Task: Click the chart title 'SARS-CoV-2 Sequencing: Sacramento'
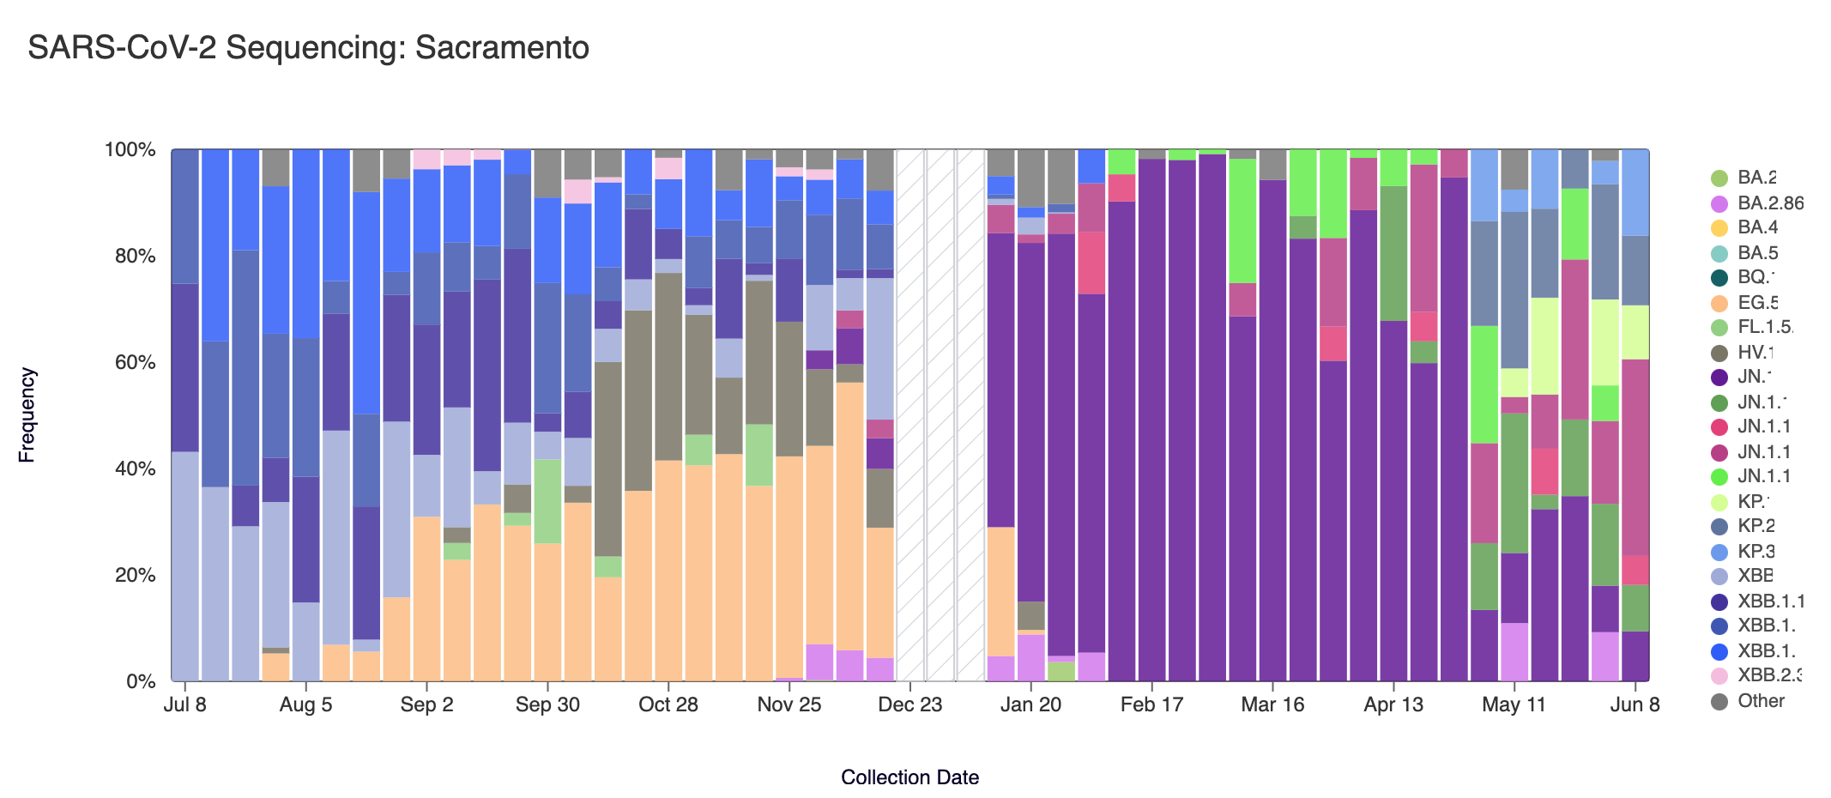pyautogui.click(x=308, y=48)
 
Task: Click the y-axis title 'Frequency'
pyautogui.click(x=27, y=415)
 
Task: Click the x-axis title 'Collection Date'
pyautogui.click(x=909, y=777)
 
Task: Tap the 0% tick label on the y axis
pyautogui.click(x=140, y=681)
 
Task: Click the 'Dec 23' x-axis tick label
pyautogui.click(x=909, y=704)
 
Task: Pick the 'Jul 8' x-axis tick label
pyautogui.click(x=184, y=704)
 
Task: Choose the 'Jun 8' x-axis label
pyautogui.click(x=1635, y=704)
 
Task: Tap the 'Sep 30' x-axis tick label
pyautogui.click(x=547, y=704)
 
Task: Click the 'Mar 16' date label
pyautogui.click(x=1272, y=704)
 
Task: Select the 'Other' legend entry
pyautogui.click(x=1760, y=701)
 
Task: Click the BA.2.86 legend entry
pyautogui.click(x=1770, y=203)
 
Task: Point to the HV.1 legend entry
pyautogui.click(x=1755, y=353)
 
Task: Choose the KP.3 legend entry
pyautogui.click(x=1755, y=551)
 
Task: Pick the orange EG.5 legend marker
pyautogui.click(x=1719, y=303)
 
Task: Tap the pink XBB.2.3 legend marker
pyautogui.click(x=1719, y=676)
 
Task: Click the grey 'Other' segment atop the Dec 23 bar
pyautogui.click(x=879, y=169)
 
